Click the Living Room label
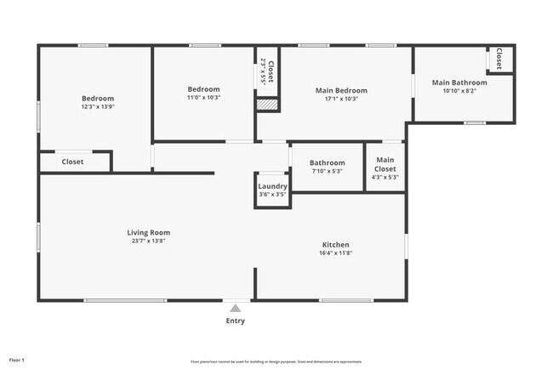(149, 232)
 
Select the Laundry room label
(272, 186)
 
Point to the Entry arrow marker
(236, 307)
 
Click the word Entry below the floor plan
(236, 321)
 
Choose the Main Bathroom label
(459, 82)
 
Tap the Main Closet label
(385, 164)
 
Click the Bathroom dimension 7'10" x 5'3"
(327, 172)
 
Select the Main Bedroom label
(341, 90)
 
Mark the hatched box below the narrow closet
(268, 105)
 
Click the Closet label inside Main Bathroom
(499, 60)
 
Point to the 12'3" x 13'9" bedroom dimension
(98, 106)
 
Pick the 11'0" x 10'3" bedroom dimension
(203, 98)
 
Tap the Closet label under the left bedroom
(73, 162)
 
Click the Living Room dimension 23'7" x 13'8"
(149, 241)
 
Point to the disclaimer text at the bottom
(276, 360)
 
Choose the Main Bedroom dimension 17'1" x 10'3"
(341, 99)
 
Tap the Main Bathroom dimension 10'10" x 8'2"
(459, 91)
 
